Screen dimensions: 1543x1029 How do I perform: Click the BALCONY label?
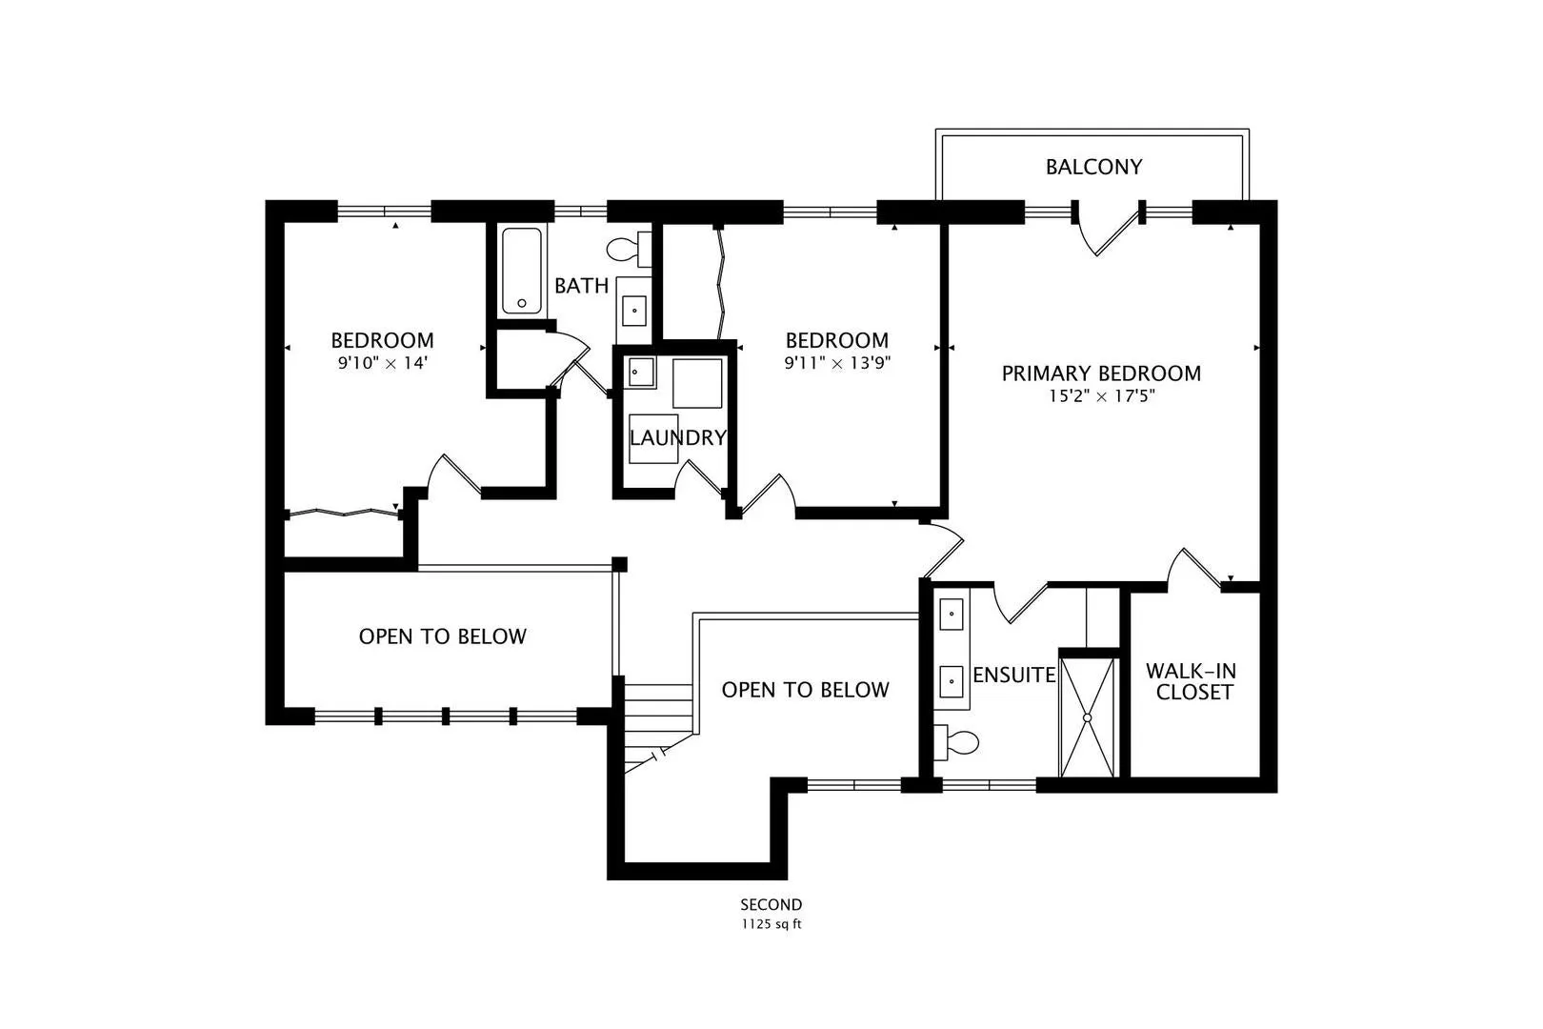1093,167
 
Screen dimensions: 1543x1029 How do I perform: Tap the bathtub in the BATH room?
521,271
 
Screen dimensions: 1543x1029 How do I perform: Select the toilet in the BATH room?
629,249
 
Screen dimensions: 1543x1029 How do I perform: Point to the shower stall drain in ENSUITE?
1087,718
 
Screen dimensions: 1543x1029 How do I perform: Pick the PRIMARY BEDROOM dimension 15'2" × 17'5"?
1101,396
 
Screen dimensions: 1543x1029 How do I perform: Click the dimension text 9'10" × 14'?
383,363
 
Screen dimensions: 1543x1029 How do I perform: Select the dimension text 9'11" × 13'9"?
837,363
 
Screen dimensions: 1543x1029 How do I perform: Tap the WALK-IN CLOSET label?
1191,681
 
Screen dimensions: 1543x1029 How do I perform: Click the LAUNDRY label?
678,437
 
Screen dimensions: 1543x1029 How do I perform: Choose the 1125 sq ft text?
771,924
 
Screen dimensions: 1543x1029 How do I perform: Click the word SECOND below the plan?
771,904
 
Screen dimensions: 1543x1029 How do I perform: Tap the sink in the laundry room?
641,373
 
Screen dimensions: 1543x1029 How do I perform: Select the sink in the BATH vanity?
633,311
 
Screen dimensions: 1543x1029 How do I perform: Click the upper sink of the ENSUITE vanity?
952,615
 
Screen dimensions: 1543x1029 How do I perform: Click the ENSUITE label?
1014,675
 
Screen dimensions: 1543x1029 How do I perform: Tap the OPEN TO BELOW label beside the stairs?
805,690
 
